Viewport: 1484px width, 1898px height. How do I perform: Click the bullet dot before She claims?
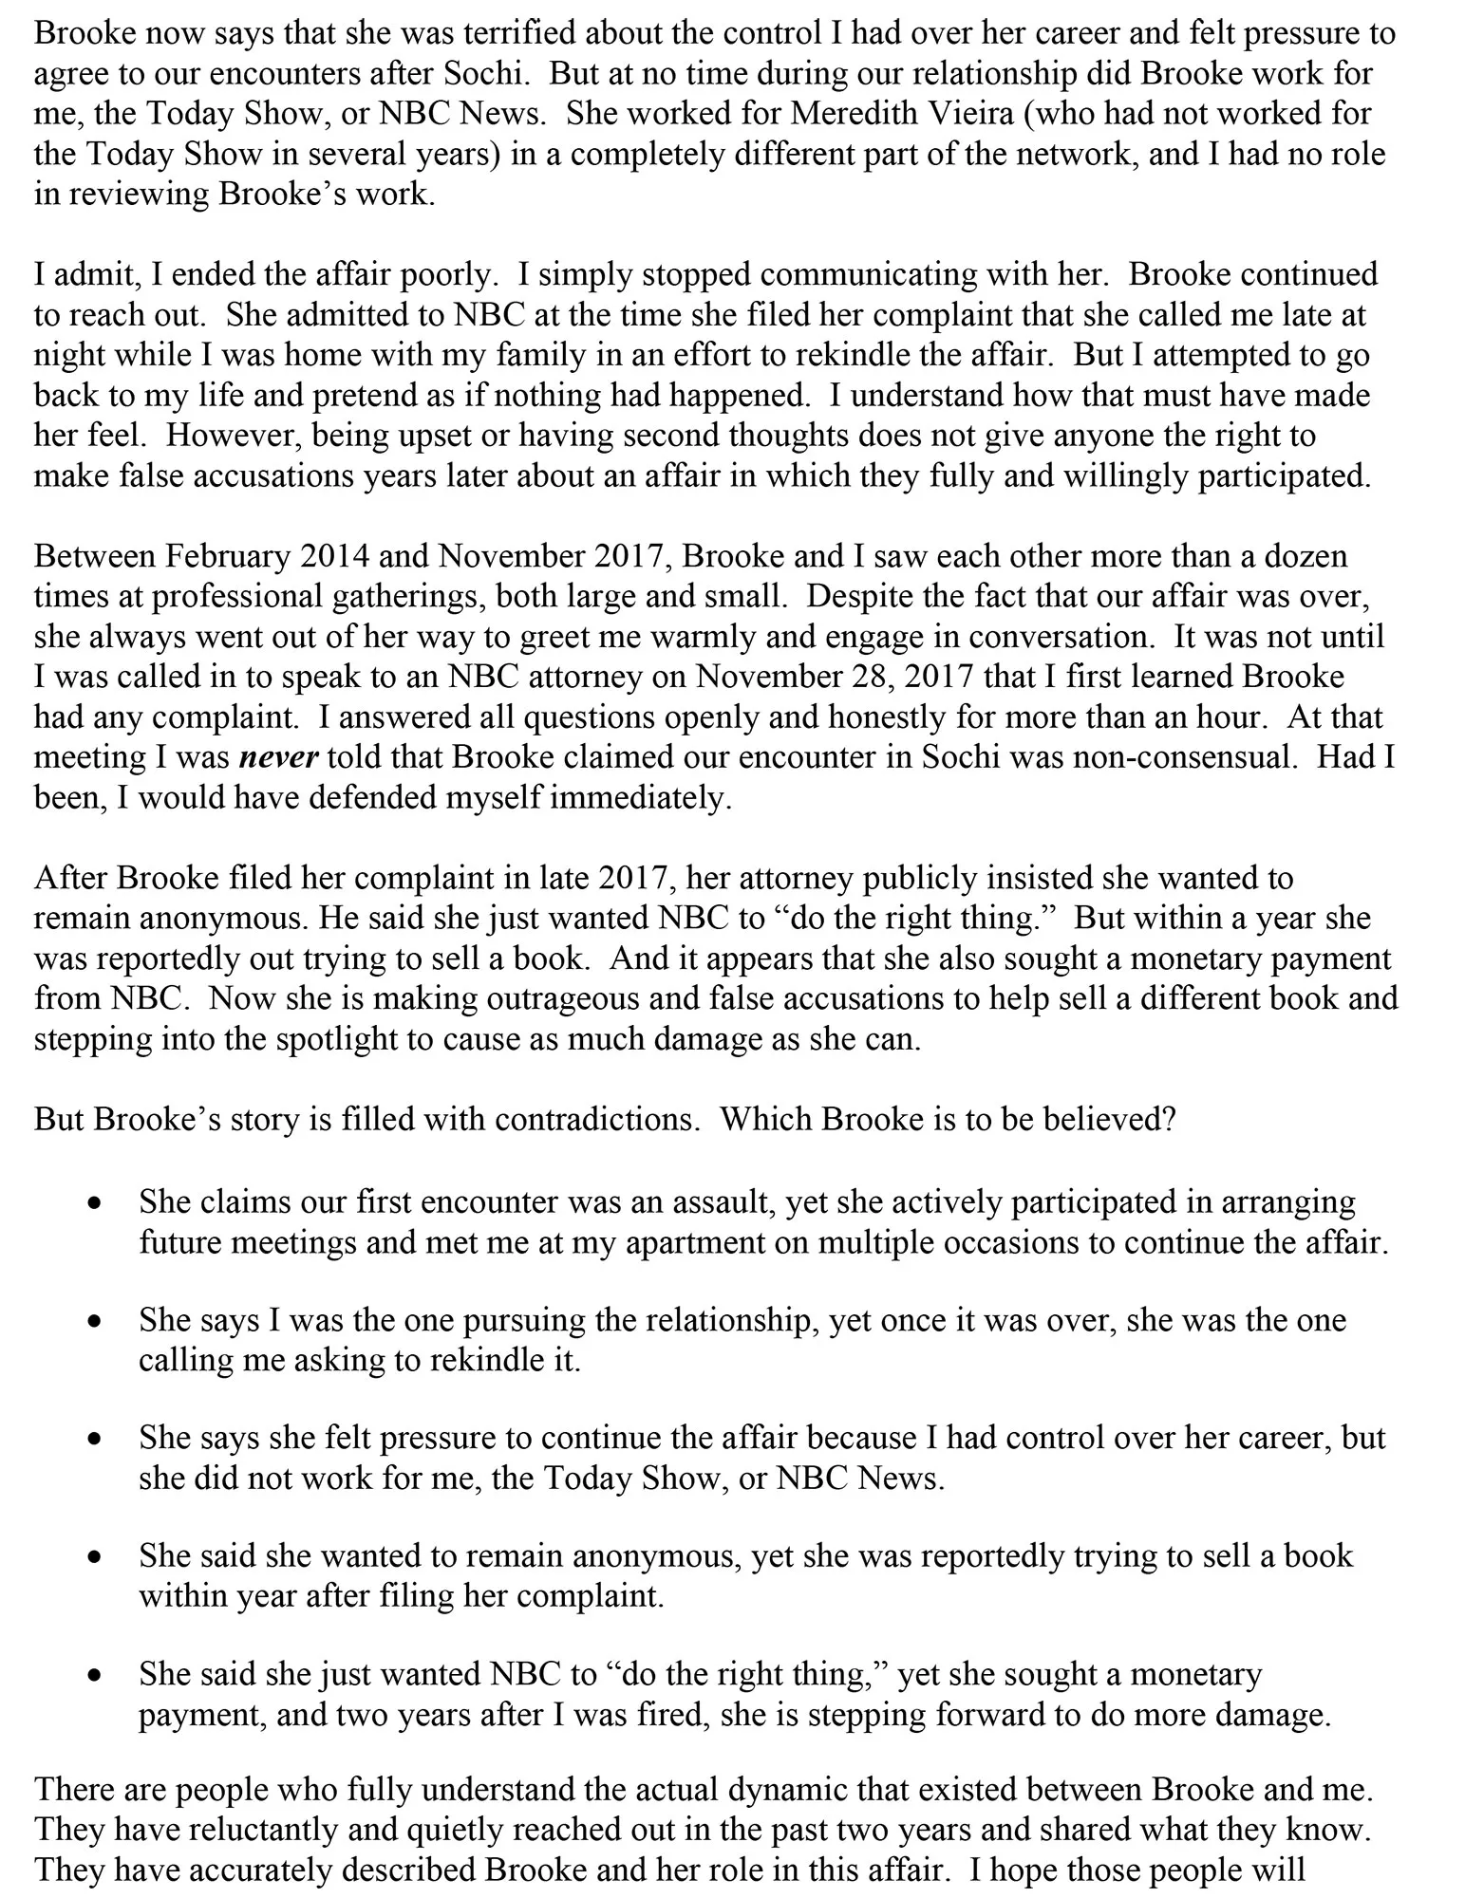93,1204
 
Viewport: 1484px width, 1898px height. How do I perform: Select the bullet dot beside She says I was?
93,1322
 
